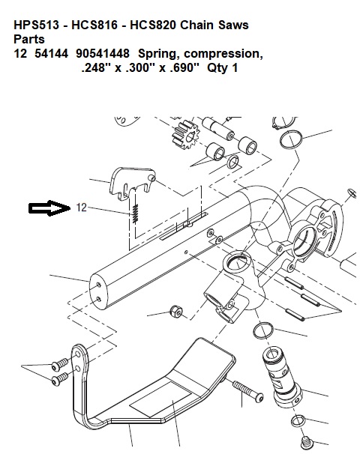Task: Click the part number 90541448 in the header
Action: (x=103, y=53)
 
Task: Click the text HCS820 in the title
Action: (x=152, y=25)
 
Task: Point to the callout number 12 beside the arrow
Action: (x=81, y=208)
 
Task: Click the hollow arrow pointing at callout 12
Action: (x=49, y=208)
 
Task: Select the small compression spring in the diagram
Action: (x=135, y=214)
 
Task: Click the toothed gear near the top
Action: (x=185, y=135)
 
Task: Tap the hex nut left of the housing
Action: (x=176, y=311)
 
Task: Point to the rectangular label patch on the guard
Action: (x=160, y=399)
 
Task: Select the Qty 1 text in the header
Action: (x=222, y=68)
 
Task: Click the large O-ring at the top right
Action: (x=292, y=139)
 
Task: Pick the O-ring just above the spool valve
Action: (x=263, y=330)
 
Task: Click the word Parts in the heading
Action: (x=29, y=39)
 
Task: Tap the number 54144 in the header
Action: (x=51, y=53)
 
